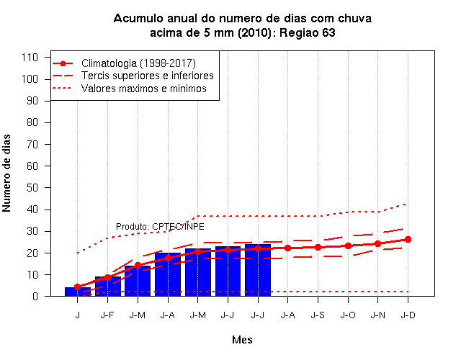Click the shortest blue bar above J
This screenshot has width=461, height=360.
pyautogui.click(x=78, y=292)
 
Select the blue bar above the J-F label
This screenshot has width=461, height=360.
pyautogui.click(x=107, y=287)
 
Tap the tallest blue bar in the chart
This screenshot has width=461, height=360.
pyautogui.click(x=258, y=270)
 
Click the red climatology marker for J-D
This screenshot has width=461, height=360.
pyautogui.click(x=408, y=240)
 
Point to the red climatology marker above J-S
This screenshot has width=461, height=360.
pyautogui.click(x=318, y=248)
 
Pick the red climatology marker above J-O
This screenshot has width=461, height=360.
pyautogui.click(x=348, y=246)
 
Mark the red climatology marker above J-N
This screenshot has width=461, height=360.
pyautogui.click(x=377, y=243)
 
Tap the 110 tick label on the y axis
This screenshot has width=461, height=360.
pyautogui.click(x=30, y=57)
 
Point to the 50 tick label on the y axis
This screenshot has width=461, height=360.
pyautogui.click(x=32, y=187)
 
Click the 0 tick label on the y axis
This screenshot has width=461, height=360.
pyautogui.click(x=35, y=296)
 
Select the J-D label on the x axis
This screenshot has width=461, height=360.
pyautogui.click(x=408, y=315)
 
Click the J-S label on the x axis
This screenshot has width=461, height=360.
pyautogui.click(x=318, y=315)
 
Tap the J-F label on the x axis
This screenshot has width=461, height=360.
pyautogui.click(x=107, y=315)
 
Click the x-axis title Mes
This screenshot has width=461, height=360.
pyautogui.click(x=242, y=340)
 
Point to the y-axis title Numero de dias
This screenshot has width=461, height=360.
pyautogui.click(x=6, y=173)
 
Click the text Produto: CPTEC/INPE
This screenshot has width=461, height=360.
pyautogui.click(x=160, y=227)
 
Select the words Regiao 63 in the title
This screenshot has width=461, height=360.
pyautogui.click(x=308, y=32)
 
